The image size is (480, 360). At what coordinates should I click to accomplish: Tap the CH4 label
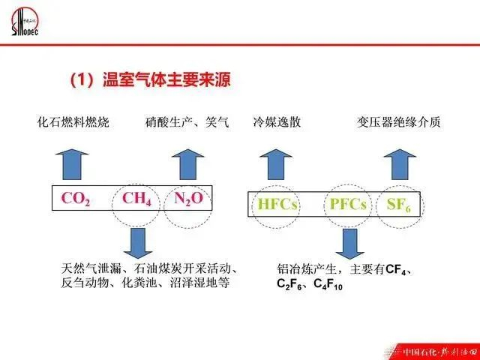tap(136, 199)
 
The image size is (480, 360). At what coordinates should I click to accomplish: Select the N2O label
tap(188, 199)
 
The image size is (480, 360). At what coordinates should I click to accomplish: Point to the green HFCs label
tap(277, 204)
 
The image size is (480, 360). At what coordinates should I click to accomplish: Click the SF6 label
tap(398, 204)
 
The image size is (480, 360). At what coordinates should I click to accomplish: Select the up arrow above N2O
tap(187, 162)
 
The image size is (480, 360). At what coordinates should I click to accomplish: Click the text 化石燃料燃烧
tap(73, 121)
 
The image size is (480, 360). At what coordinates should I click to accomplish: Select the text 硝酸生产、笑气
tap(187, 121)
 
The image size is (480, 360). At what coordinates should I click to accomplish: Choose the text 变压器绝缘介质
tap(398, 121)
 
